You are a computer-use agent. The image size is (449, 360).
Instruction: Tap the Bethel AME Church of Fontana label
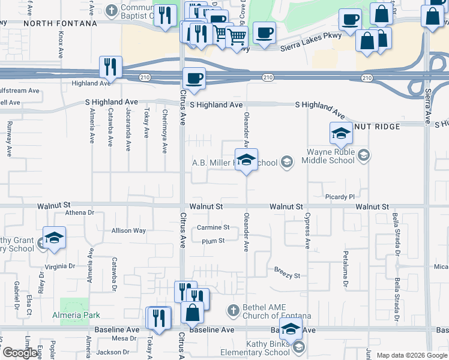[277, 311]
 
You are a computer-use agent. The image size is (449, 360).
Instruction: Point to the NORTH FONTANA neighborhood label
[60, 23]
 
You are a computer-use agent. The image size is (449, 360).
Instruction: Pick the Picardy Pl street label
[340, 196]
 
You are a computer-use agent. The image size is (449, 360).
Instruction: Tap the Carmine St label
[213, 227]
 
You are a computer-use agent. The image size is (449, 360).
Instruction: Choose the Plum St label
[213, 241]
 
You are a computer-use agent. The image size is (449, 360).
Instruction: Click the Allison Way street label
[128, 230]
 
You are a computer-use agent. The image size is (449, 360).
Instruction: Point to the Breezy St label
[287, 275]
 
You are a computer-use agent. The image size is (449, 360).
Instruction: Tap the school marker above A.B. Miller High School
[246, 160]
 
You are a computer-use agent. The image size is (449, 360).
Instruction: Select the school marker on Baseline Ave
[291, 330]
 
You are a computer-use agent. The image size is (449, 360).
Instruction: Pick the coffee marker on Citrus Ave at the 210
[194, 79]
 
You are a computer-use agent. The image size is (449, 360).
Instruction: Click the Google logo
[20, 353]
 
